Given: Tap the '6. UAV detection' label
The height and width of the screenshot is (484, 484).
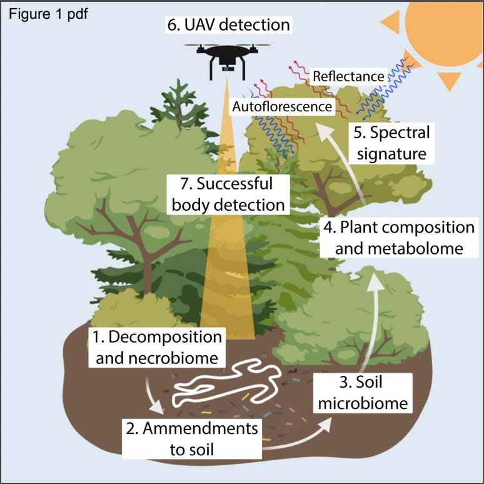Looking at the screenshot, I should click(x=228, y=25).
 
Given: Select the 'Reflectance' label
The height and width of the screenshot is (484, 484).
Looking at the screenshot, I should click(x=348, y=76).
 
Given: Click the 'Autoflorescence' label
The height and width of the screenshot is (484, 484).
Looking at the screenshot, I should click(x=281, y=107).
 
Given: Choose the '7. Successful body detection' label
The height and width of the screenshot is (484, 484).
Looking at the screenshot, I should click(x=228, y=194).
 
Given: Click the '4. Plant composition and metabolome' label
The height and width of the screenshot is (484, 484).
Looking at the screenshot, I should click(x=398, y=236).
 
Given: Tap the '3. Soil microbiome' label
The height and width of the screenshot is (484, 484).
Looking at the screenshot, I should click(x=363, y=392).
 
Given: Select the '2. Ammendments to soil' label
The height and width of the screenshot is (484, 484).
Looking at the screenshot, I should click(x=191, y=438).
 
